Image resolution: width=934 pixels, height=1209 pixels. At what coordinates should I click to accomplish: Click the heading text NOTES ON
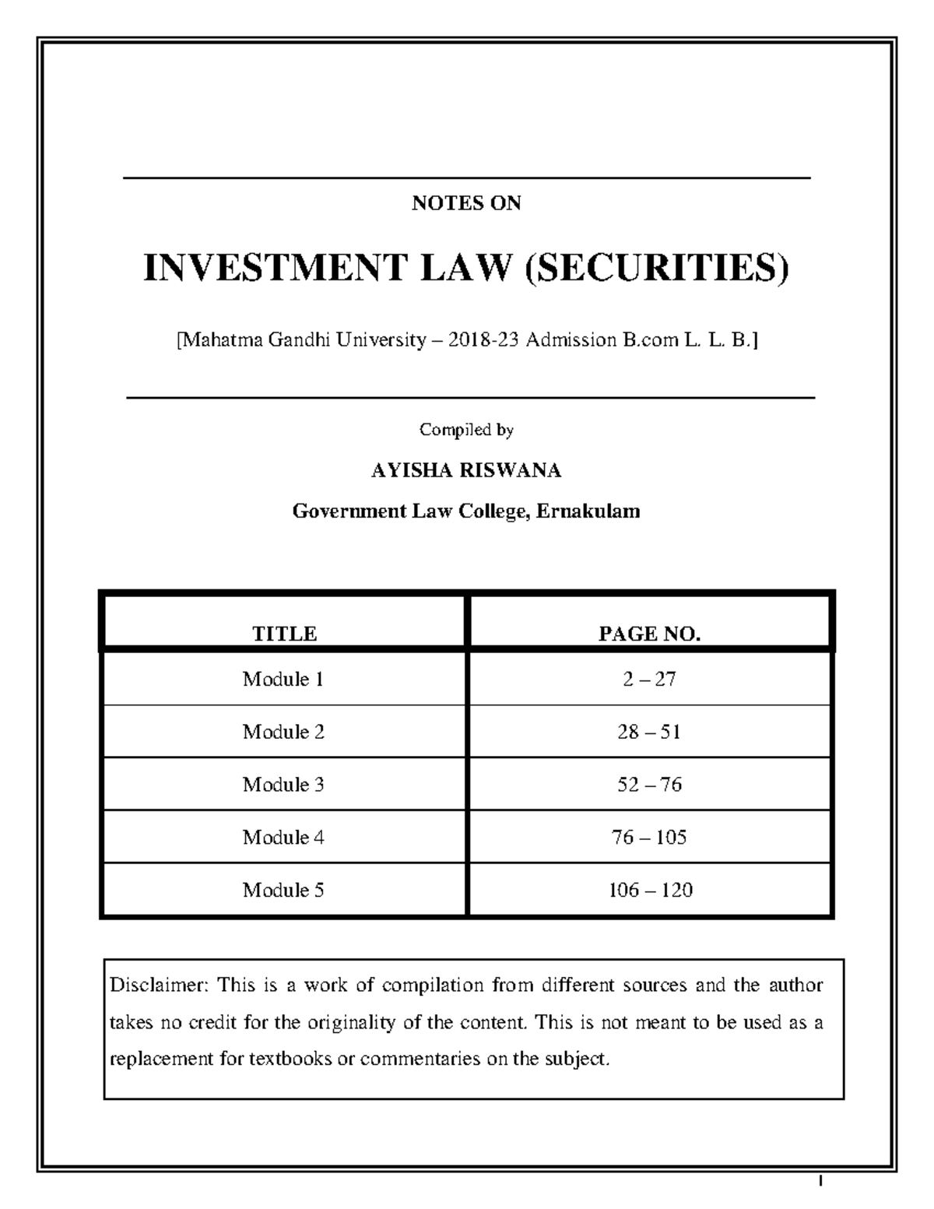tap(466, 203)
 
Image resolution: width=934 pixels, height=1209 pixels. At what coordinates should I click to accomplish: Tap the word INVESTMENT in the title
tap(275, 268)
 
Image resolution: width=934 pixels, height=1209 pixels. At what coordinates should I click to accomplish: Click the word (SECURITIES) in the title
tap(657, 268)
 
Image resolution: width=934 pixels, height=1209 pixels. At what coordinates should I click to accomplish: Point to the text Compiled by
tap(466, 430)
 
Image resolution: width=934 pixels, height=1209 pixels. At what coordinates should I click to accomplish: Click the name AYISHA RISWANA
tap(466, 470)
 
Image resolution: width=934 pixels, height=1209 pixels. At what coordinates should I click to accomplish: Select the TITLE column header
tap(284, 634)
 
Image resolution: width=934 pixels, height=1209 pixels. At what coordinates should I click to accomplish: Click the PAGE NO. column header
tap(649, 634)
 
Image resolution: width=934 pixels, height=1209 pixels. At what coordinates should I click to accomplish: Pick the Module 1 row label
tap(283, 680)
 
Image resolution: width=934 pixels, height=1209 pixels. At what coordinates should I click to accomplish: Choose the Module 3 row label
tap(283, 785)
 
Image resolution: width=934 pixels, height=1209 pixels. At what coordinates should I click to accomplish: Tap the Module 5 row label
tap(283, 890)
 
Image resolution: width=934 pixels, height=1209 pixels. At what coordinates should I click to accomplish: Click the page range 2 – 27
tap(649, 680)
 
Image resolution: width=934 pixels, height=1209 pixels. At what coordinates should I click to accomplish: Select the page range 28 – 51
tap(649, 732)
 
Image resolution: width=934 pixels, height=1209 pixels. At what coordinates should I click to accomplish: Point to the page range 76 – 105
tap(649, 838)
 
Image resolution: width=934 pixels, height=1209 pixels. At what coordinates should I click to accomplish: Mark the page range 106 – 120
tap(650, 890)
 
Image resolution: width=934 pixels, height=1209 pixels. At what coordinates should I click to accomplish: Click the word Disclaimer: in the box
tap(159, 986)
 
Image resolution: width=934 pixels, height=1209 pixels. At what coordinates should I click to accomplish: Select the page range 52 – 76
tap(649, 785)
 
